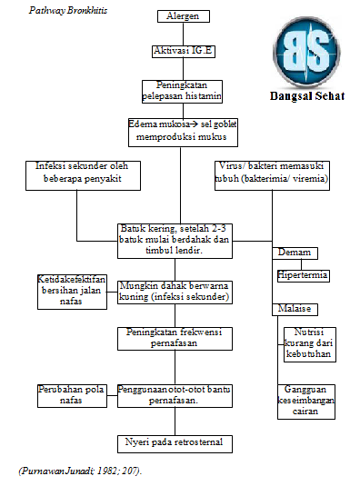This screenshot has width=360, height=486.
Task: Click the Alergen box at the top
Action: point(183,16)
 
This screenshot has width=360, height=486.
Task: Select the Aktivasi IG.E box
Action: point(183,52)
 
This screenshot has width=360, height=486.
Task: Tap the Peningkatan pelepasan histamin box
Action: point(183,91)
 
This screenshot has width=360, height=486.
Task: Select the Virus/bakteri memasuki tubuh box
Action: point(274,174)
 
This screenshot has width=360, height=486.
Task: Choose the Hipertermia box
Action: point(303,274)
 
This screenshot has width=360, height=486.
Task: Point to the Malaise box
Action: point(293,309)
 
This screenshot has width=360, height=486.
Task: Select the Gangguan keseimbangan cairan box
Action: point(305,401)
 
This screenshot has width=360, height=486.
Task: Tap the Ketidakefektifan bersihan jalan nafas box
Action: point(73,290)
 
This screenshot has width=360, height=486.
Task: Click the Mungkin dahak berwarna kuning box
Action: point(173,292)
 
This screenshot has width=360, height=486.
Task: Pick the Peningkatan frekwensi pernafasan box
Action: point(173,339)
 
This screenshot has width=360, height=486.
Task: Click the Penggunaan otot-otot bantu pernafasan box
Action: point(173,395)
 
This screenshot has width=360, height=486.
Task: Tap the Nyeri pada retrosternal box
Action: point(173,443)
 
